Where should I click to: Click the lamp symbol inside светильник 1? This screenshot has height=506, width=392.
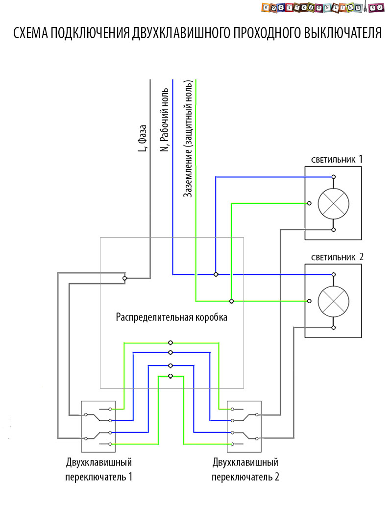click(333, 203)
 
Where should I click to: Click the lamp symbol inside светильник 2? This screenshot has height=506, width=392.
click(333, 301)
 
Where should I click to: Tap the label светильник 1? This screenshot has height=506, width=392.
click(337, 160)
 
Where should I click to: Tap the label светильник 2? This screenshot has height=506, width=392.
click(337, 258)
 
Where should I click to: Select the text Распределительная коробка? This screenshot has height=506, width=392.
click(171, 317)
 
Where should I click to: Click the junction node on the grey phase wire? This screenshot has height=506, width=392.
click(125, 278)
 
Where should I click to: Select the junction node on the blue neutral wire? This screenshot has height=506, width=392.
click(216, 274)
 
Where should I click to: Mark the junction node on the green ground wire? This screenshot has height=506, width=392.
click(232, 300)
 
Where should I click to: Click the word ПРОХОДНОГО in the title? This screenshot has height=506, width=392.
click(263, 33)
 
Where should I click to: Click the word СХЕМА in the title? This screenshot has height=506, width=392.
click(30, 33)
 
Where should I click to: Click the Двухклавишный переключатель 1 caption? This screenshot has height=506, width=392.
click(99, 469)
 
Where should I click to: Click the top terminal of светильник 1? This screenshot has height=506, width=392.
click(333, 176)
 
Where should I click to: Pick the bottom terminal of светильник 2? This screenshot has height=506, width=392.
click(333, 327)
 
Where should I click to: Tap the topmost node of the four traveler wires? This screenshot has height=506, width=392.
click(170, 343)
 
